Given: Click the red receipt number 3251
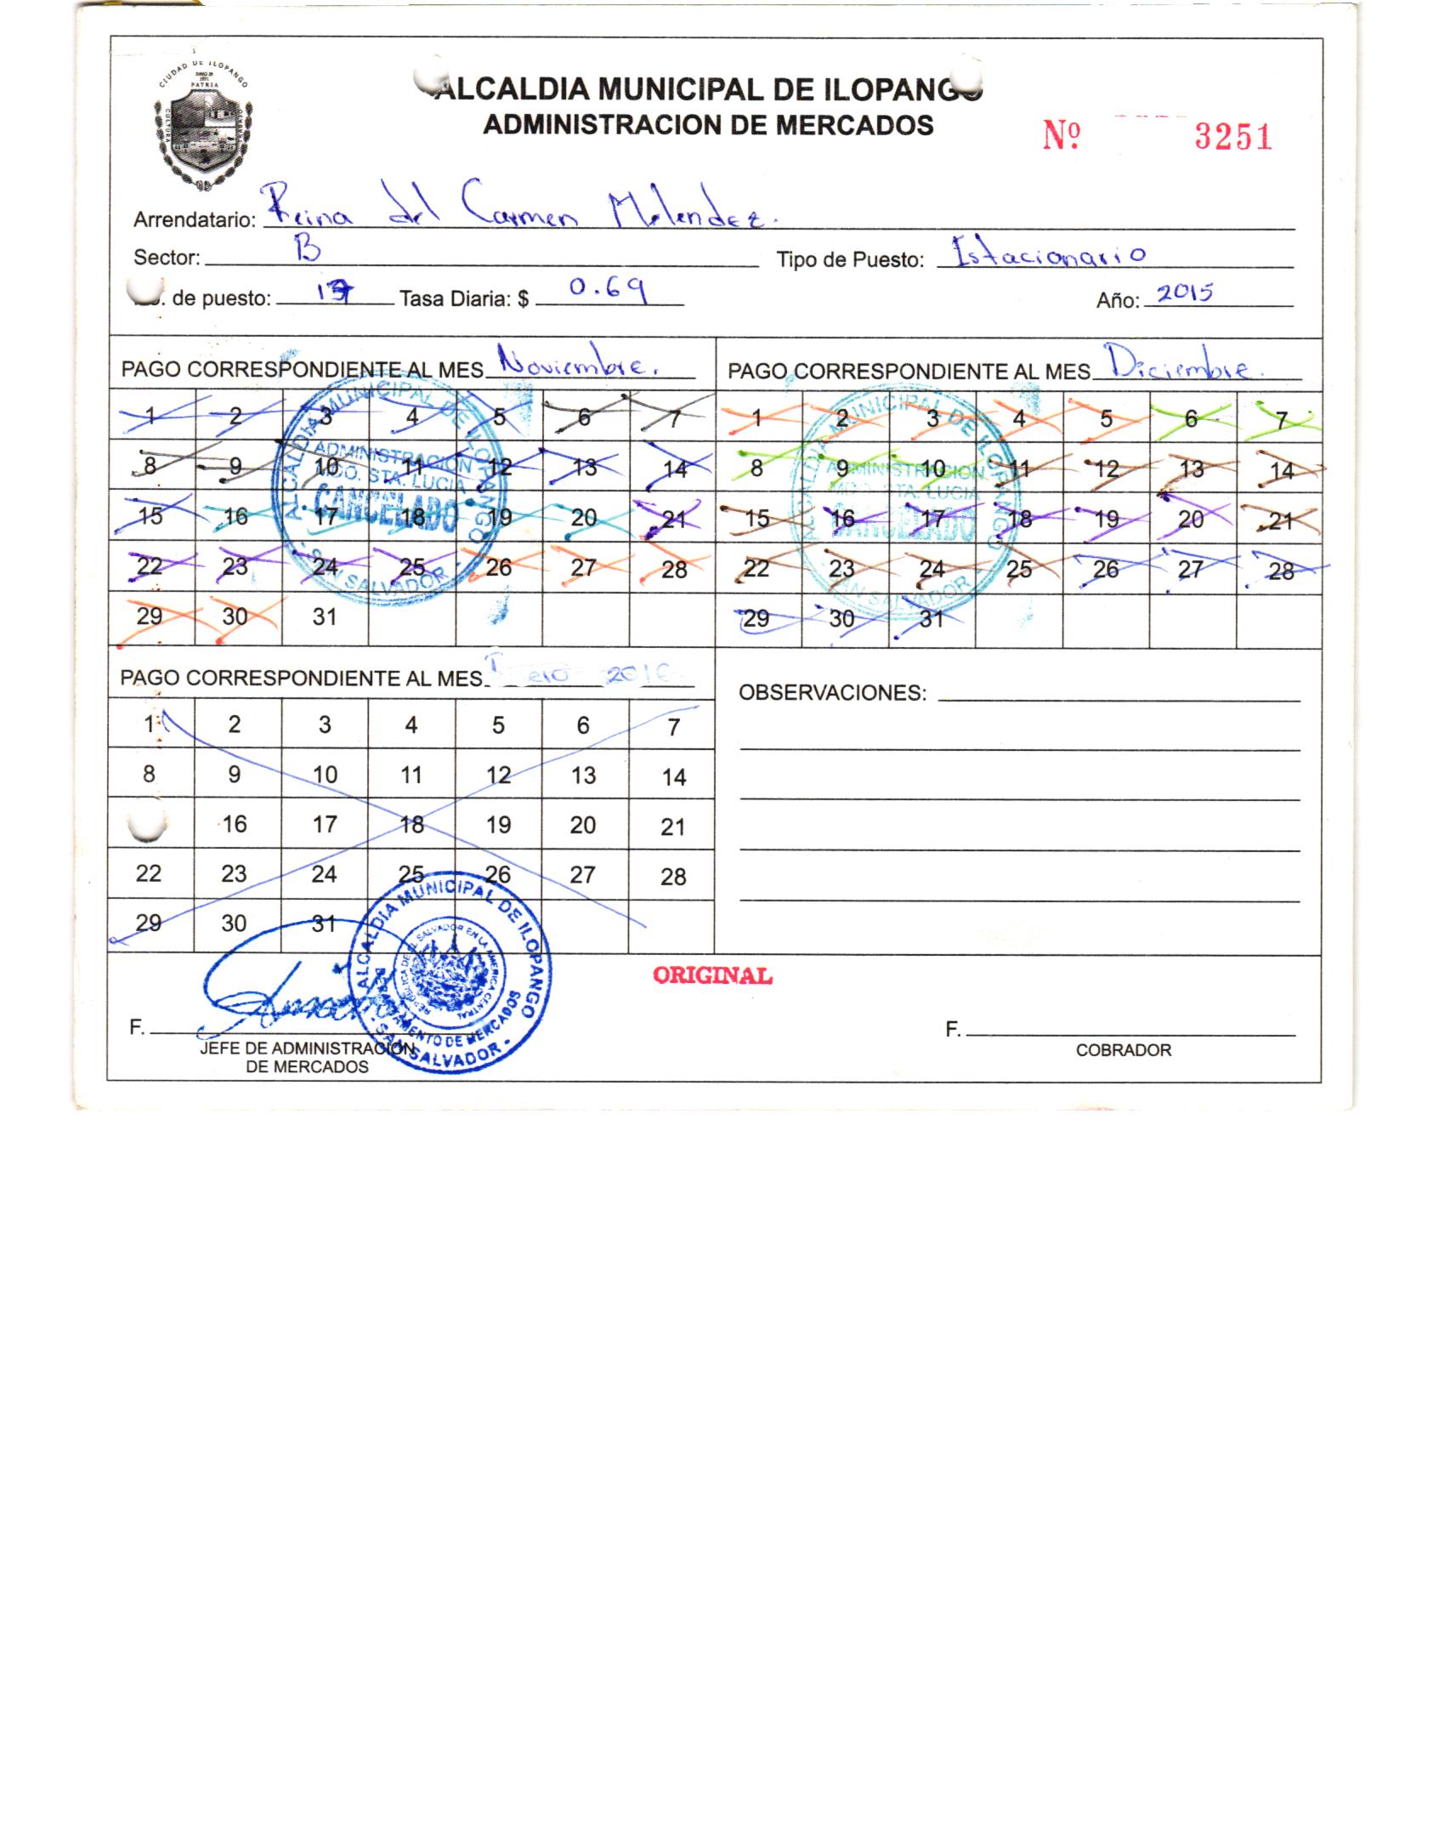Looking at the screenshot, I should coord(1232,136).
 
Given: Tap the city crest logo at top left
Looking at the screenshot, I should coord(202,129).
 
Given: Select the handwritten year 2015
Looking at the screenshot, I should coord(1185,293).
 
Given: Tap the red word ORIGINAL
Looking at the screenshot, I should coord(712,975).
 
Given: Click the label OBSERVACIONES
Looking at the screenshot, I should coord(831,693).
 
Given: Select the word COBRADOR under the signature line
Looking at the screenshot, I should coord(1123,1050).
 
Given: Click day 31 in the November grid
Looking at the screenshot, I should coord(325,617).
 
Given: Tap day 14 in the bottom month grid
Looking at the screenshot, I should coord(673,777).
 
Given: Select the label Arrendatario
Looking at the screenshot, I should coord(194,220).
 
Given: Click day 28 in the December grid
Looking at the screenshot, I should coord(1282,571).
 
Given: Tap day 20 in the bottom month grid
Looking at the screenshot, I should coord(583,825).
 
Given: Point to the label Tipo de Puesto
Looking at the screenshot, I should coord(849,260).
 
